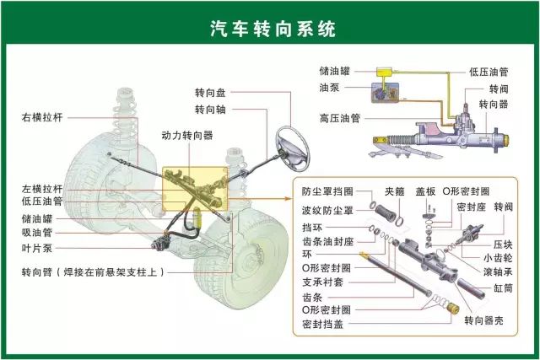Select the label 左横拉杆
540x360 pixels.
click(x=42, y=189)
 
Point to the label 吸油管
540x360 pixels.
click(x=37, y=232)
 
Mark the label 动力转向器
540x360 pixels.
click(x=187, y=135)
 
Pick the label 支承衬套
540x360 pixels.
click(x=322, y=282)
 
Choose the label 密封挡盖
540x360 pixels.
click(x=322, y=324)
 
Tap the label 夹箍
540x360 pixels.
click(x=394, y=191)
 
